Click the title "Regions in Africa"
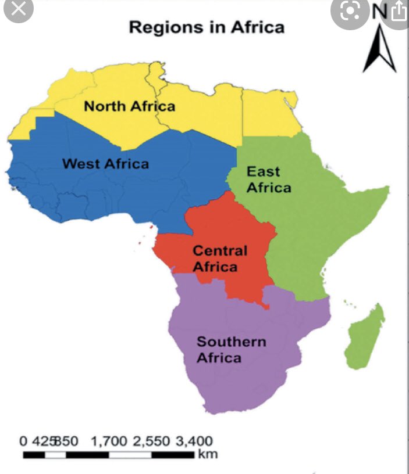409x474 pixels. [x=207, y=27]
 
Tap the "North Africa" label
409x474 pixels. [x=129, y=106]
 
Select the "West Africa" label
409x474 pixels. [x=105, y=164]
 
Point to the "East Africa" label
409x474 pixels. [x=268, y=179]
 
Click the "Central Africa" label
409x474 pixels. [x=219, y=258]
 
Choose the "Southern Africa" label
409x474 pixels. [x=230, y=349]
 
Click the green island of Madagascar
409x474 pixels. [x=365, y=337]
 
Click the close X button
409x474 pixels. [x=18, y=9]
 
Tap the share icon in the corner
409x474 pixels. [x=399, y=10]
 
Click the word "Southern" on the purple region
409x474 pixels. [x=230, y=342]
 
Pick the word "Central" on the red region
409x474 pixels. [x=220, y=251]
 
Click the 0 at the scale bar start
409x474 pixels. [x=23, y=441]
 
